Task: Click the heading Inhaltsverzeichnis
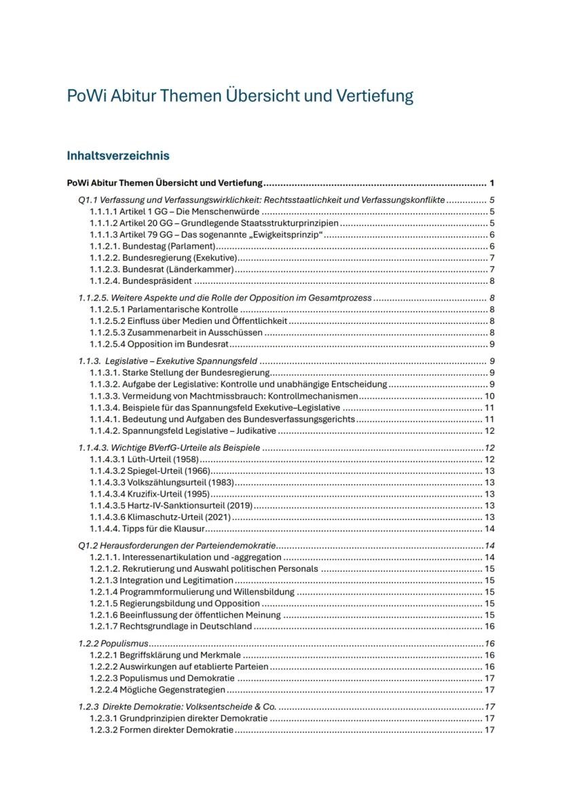point(118,155)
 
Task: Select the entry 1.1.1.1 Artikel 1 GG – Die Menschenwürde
point(176,212)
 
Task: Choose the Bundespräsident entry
point(141,281)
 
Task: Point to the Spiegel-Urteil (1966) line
point(150,471)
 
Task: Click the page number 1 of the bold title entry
point(491,183)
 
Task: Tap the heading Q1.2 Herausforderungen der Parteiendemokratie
point(176,546)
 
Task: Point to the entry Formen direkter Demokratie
point(162,730)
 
